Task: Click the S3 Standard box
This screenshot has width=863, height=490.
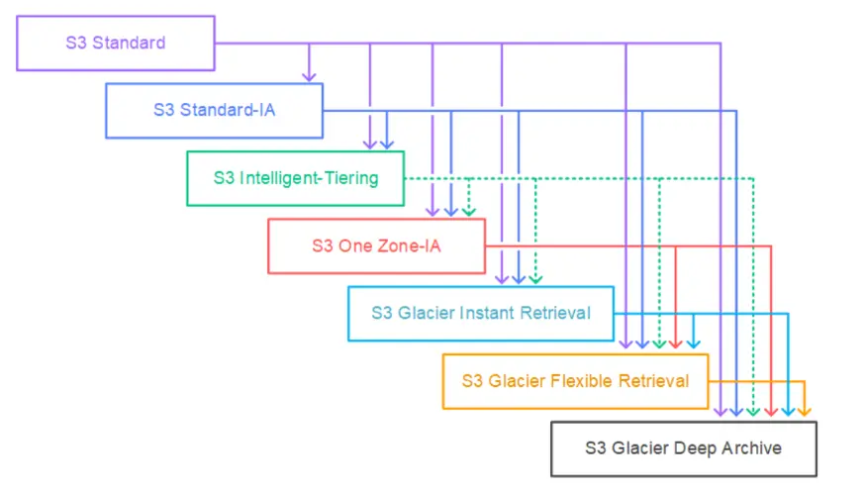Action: [x=116, y=44]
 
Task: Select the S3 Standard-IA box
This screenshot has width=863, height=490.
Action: [x=214, y=110]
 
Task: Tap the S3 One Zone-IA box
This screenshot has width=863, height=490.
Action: [x=376, y=245]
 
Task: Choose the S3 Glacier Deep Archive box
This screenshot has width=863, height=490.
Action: [x=683, y=448]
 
